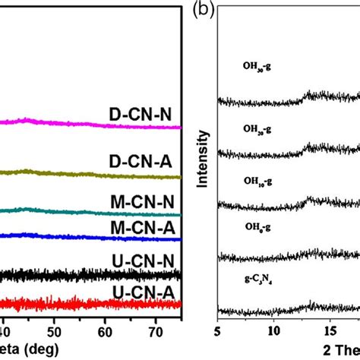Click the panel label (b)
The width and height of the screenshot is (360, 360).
(x=203, y=10)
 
